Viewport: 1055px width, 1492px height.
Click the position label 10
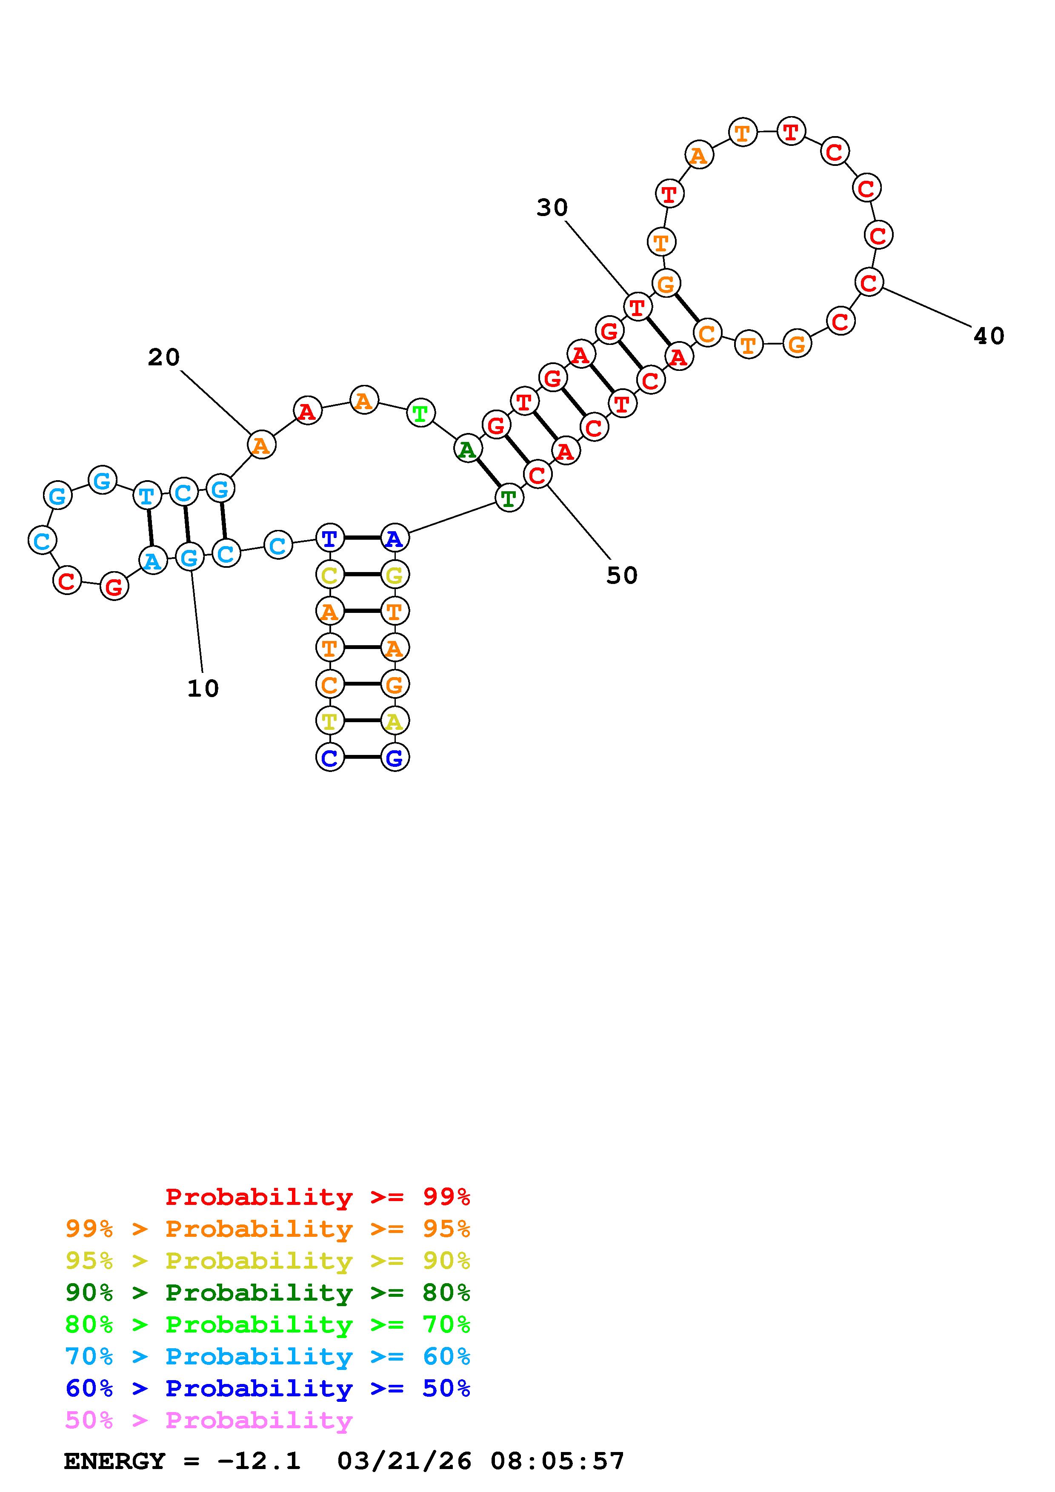[203, 688]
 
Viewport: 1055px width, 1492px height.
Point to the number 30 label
[552, 208]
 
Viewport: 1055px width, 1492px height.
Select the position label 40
[989, 336]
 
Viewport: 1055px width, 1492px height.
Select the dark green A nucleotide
[467, 449]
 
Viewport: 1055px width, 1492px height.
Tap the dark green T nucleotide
[509, 498]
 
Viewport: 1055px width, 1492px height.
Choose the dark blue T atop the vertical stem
[329, 538]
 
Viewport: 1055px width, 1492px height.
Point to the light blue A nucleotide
[153, 560]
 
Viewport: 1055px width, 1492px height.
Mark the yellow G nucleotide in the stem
[395, 575]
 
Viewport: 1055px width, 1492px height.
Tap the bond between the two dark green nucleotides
[488, 474]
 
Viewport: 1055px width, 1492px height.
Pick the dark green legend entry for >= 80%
[268, 1293]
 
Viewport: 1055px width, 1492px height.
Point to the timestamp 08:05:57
[557, 1461]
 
